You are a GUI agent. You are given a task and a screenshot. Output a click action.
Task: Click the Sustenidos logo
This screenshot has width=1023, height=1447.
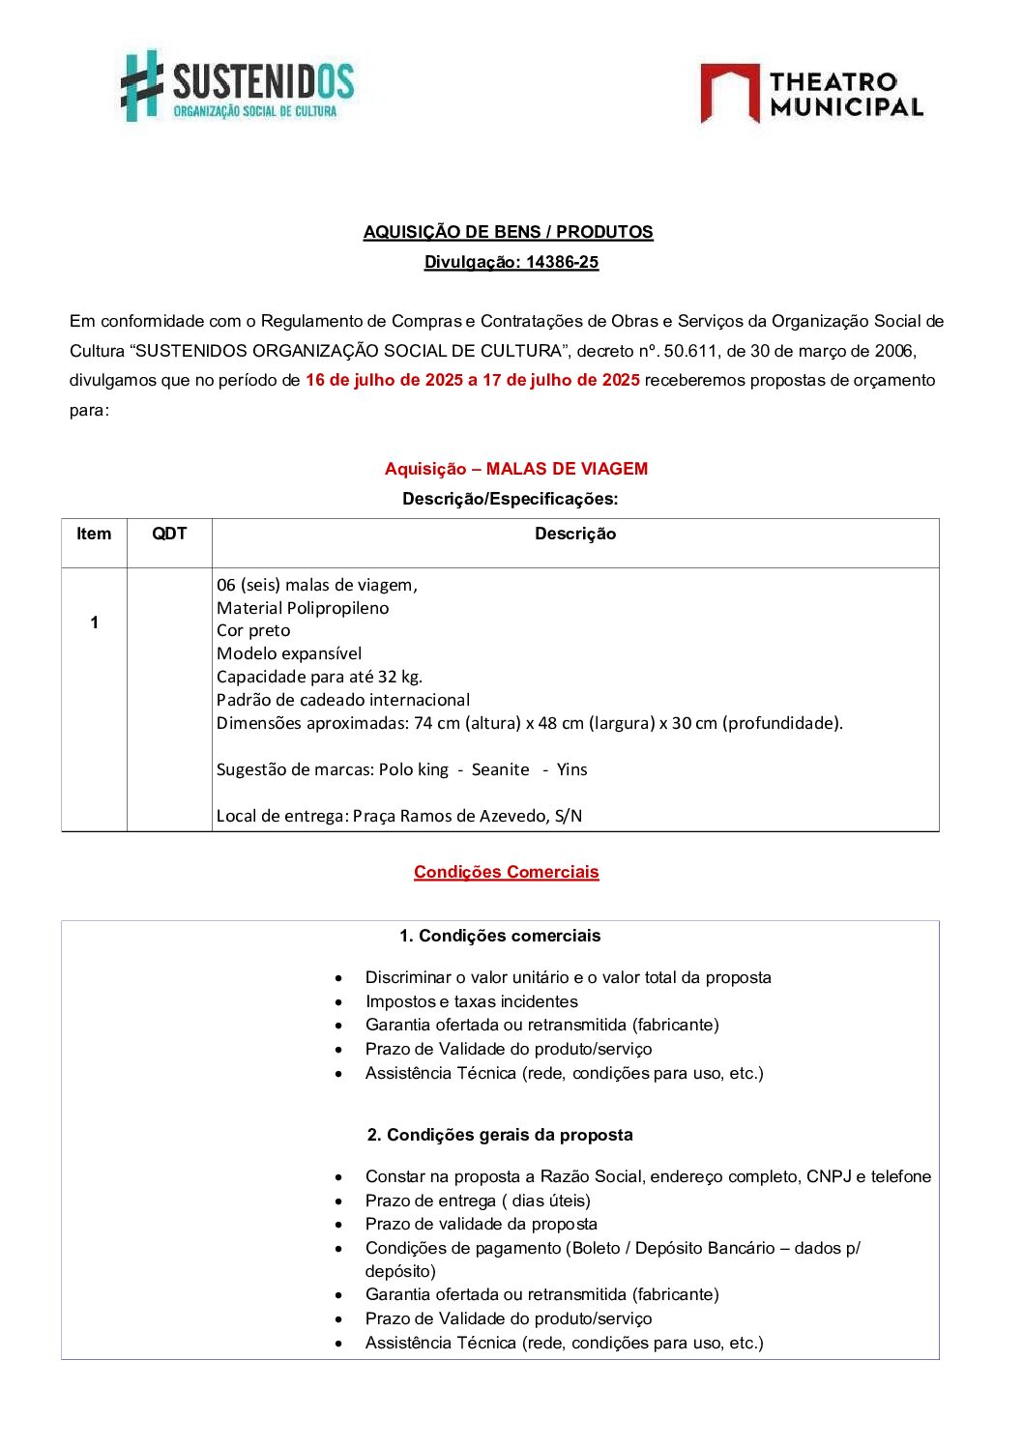(237, 86)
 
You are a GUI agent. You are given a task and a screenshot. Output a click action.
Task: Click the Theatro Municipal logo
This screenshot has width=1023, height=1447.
(811, 94)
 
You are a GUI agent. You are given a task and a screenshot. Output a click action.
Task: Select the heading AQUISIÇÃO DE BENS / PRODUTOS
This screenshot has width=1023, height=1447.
(508, 232)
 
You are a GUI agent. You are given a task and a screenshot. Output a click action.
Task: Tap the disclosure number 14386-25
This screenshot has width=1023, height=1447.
(562, 262)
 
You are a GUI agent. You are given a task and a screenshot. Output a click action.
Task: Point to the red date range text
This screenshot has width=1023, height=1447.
(472, 380)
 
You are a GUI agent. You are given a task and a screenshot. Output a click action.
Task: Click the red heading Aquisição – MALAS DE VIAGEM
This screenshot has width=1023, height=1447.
(515, 469)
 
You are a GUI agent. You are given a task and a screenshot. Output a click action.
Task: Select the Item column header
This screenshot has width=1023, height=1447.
(94, 534)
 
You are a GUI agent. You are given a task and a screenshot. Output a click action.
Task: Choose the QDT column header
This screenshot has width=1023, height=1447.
(169, 534)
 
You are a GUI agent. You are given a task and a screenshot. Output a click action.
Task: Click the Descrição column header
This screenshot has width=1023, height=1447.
(575, 534)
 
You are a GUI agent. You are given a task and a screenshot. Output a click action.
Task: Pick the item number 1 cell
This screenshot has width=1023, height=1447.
(94, 622)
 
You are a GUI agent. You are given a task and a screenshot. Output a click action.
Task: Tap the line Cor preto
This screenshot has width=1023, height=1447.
(253, 630)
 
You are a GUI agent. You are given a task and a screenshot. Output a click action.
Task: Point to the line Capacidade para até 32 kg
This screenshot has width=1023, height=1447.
(319, 677)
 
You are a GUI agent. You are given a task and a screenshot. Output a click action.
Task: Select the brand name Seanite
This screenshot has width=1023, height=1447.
(500, 769)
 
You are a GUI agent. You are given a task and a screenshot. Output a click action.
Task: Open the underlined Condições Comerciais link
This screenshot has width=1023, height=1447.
(506, 872)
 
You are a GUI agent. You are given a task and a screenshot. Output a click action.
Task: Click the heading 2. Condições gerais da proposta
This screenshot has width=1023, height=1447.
(500, 1135)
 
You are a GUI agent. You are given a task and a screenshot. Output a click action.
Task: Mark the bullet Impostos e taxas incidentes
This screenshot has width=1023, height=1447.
(471, 1001)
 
